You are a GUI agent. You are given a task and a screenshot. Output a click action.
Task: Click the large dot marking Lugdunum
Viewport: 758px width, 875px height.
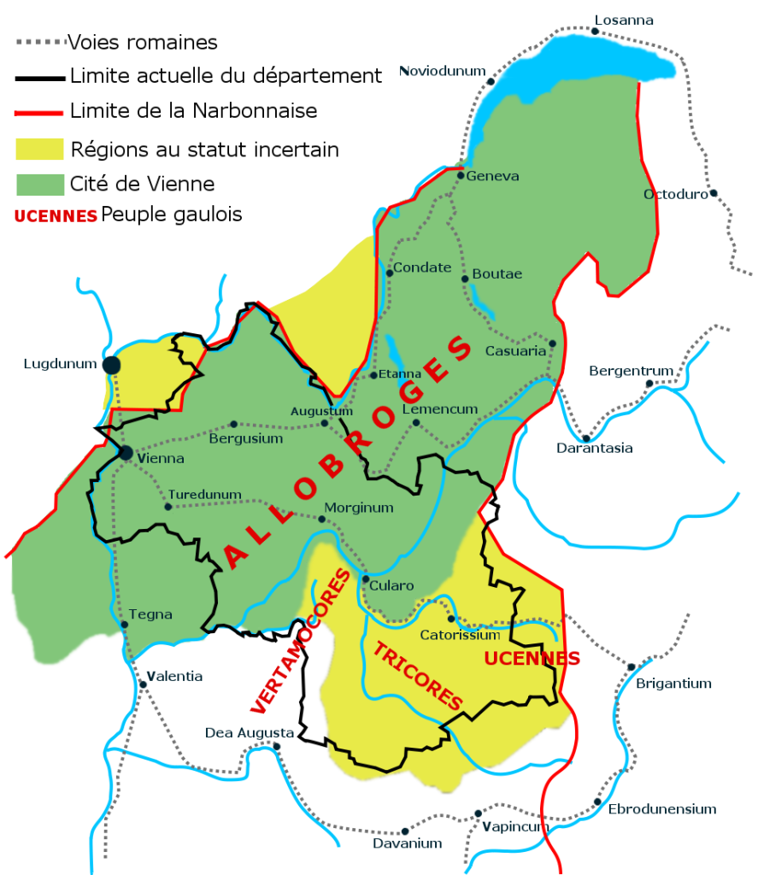(111, 365)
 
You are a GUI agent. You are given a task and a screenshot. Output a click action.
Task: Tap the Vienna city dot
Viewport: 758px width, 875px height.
(126, 453)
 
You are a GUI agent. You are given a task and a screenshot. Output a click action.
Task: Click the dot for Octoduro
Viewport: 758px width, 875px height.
(713, 193)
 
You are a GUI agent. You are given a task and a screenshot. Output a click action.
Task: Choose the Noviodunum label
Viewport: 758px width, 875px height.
(442, 71)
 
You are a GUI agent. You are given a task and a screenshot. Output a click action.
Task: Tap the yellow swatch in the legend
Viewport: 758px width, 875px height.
(39, 149)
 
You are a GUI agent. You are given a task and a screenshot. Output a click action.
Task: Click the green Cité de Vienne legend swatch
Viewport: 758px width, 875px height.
(39, 183)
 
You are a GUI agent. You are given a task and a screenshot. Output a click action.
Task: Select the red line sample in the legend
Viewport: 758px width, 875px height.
(39, 111)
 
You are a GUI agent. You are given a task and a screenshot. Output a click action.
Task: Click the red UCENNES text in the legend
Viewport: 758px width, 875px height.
(55, 216)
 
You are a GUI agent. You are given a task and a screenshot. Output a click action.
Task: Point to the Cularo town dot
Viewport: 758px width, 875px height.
(365, 579)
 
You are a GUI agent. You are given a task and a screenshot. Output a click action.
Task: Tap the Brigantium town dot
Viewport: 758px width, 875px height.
(631, 667)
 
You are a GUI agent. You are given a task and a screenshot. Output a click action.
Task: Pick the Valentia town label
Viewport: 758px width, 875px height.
(176, 676)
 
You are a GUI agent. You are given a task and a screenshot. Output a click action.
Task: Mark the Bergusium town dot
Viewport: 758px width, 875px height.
(233, 424)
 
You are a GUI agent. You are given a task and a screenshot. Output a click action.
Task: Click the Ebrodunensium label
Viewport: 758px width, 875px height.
(661, 808)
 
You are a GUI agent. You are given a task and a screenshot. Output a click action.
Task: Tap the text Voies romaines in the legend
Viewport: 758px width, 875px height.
(142, 41)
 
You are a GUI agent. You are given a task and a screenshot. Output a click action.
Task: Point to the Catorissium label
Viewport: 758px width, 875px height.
(460, 635)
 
